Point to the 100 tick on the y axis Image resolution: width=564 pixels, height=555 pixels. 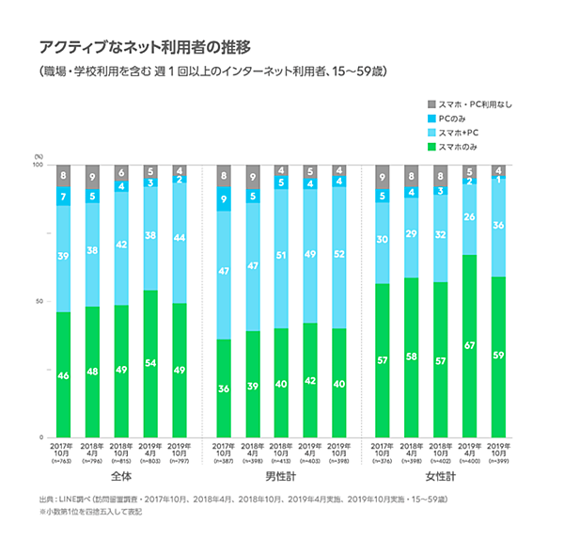(39, 165)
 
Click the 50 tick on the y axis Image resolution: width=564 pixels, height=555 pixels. (40, 302)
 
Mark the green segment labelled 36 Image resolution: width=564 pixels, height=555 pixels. (223, 388)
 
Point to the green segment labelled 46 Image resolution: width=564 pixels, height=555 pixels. (63, 374)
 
